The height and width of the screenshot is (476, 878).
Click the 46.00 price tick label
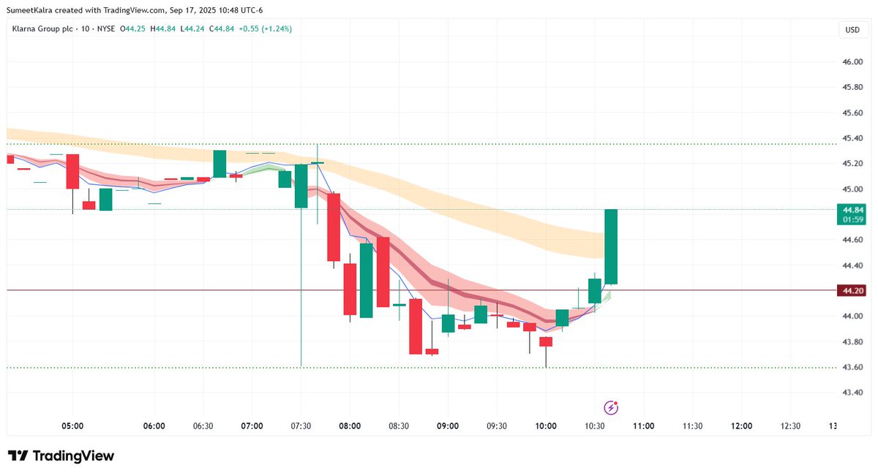(x=852, y=62)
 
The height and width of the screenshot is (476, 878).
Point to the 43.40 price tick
(x=852, y=393)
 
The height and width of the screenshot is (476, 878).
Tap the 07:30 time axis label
(x=301, y=426)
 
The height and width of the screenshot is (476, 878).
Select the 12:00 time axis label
(x=741, y=426)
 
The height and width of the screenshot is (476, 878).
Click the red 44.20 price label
(x=852, y=291)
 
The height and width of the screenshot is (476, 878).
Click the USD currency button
(x=852, y=30)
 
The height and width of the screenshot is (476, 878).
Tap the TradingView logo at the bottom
(x=61, y=456)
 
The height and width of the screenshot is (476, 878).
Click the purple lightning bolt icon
(x=611, y=408)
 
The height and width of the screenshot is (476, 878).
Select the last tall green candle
(x=611, y=246)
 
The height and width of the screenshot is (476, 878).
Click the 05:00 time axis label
(x=72, y=426)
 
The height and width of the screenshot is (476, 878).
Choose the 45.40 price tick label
(x=852, y=138)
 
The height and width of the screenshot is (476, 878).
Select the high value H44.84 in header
(x=163, y=29)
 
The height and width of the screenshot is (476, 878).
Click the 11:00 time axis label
(x=643, y=426)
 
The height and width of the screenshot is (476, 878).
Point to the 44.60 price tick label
(x=852, y=240)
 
